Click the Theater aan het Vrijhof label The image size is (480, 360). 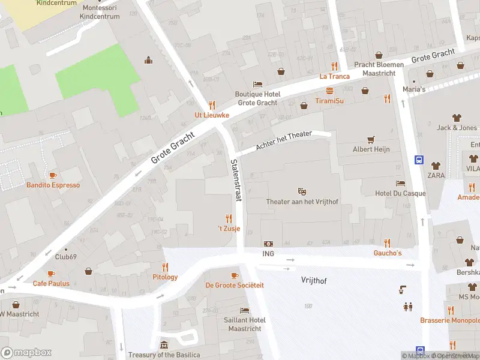coord(302,202)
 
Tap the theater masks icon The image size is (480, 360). coord(302,191)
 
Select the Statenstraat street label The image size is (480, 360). coord(235,179)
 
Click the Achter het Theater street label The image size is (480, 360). coord(284,140)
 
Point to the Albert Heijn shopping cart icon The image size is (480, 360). coord(371,139)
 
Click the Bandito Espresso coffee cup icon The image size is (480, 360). coord(53,175)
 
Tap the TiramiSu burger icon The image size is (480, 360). coord(329,91)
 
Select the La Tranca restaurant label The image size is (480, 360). coord(334,76)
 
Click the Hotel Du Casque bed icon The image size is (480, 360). coord(400,183)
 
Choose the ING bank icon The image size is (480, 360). coord(268,243)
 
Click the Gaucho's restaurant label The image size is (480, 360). coord(387,253)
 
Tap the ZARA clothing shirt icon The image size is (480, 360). coord(436,165)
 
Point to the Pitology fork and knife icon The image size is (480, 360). coord(165,267)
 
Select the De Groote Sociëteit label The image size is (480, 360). coord(235,285)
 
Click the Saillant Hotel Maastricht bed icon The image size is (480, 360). coord(244,310)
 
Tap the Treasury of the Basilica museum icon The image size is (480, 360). coord(164,345)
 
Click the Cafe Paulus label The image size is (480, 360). coord(51,283)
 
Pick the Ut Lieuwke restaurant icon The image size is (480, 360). coord(211,105)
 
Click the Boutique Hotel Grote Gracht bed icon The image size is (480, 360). coord(257,84)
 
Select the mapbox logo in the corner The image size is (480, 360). coord(26,353)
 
